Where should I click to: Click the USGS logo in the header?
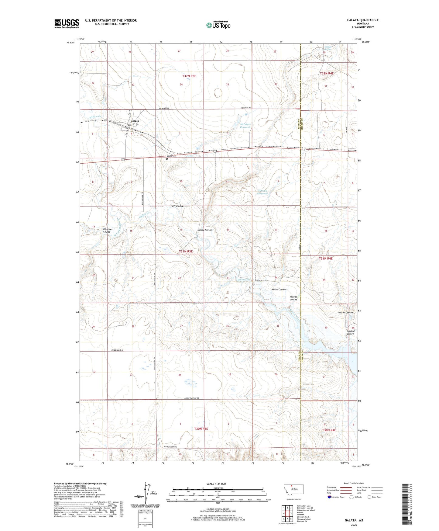(67, 23)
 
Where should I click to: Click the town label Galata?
(135, 121)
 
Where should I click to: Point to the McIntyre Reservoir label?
(245, 126)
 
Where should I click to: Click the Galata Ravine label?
(204, 230)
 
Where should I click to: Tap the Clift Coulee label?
(177, 206)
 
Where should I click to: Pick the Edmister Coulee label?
(107, 231)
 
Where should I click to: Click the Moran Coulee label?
(278, 290)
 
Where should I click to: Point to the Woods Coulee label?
(293, 298)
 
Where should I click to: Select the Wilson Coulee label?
(345, 313)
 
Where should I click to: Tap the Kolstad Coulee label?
(350, 332)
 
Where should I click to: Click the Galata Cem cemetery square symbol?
(167, 158)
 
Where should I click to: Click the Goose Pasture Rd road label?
(191, 398)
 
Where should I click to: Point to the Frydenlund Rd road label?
(117, 350)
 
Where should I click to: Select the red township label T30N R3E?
(201, 429)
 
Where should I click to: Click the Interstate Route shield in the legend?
(329, 497)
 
